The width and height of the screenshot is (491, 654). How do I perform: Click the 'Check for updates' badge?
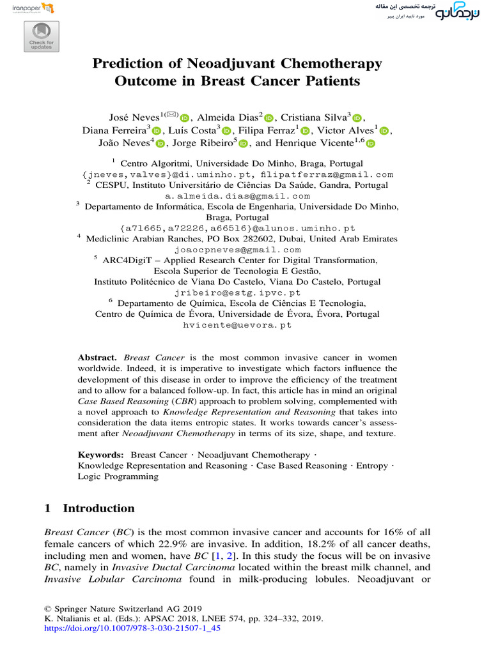coord(42,36)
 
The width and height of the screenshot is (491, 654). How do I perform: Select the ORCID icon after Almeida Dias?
coord(269,118)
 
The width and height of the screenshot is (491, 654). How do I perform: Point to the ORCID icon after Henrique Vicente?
coord(370,144)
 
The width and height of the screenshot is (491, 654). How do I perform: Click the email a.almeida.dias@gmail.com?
coord(237,196)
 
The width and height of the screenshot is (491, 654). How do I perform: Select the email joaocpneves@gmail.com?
coord(237,250)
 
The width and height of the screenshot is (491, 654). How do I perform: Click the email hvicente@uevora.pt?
coord(237,325)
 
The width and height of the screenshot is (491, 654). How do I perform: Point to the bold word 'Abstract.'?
coord(98,358)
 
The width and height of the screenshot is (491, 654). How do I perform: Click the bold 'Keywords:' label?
coord(101,455)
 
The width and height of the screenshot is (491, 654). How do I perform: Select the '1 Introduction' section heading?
coord(90,508)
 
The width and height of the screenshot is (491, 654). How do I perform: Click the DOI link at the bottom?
coord(132,629)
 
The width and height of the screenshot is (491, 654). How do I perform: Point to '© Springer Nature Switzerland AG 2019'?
coord(123,608)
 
